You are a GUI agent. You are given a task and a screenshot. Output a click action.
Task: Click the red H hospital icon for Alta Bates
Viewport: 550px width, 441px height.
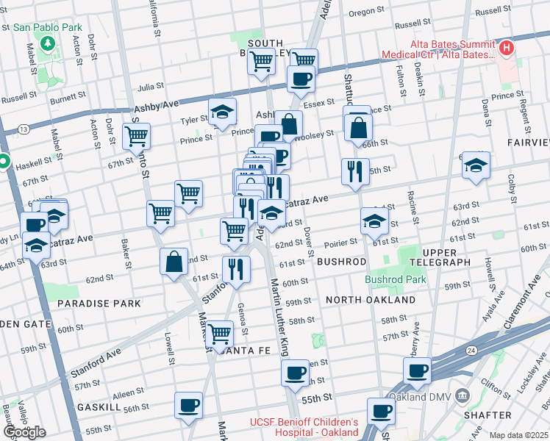point(506,49)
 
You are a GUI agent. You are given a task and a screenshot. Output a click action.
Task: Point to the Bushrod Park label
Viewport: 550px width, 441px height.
point(396,279)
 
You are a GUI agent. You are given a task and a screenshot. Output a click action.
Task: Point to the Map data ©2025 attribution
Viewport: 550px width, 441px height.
point(518,435)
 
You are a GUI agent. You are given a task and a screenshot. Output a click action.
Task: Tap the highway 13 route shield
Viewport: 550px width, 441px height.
point(25,129)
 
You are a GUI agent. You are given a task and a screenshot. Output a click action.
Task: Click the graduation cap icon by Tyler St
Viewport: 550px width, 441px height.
point(222,112)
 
